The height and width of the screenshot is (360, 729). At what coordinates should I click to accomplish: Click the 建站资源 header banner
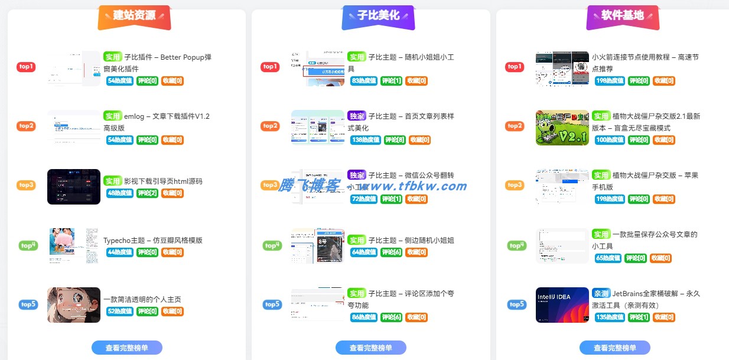(x=134, y=16)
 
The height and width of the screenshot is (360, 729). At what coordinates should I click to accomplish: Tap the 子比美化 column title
(x=378, y=16)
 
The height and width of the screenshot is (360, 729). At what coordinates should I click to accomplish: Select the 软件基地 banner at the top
(x=622, y=16)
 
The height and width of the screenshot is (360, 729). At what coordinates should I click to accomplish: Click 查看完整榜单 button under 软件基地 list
(x=614, y=348)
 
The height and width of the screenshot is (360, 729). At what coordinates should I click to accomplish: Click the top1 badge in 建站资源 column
(x=26, y=67)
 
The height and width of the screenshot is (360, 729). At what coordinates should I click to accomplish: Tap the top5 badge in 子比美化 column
(x=272, y=305)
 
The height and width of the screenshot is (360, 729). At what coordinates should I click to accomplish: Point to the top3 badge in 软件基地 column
(x=515, y=186)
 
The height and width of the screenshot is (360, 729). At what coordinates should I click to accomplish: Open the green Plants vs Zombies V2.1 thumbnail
(x=562, y=128)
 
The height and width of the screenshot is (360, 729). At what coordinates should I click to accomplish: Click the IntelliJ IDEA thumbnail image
(x=562, y=305)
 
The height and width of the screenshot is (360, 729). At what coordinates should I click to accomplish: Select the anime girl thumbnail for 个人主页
(x=74, y=305)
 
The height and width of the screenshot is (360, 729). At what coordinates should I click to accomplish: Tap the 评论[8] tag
(x=394, y=140)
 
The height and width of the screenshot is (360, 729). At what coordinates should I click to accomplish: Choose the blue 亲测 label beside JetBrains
(x=601, y=293)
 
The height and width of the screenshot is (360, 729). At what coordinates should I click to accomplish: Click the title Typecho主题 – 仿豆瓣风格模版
(x=153, y=241)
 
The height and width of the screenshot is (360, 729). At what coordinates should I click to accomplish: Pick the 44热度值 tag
(x=119, y=252)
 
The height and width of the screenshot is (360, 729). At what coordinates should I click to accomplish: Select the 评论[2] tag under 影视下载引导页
(x=147, y=193)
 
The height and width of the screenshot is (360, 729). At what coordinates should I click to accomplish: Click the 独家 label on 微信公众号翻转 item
(x=357, y=176)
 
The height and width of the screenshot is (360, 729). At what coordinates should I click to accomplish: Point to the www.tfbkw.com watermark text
(x=417, y=186)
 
